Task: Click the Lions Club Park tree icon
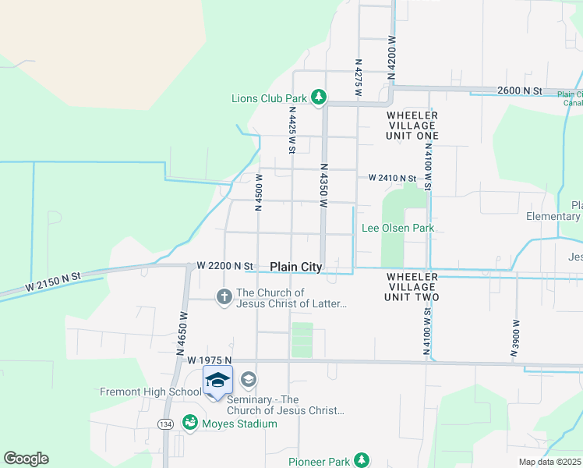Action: click(x=318, y=97)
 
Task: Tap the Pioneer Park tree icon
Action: click(x=361, y=460)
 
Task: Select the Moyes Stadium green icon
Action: click(x=189, y=423)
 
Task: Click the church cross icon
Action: click(x=224, y=296)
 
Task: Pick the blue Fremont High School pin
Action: click(x=217, y=381)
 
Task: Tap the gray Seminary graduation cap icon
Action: click(x=248, y=381)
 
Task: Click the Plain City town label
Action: click(x=296, y=267)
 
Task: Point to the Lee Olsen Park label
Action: click(x=397, y=229)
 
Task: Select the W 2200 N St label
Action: click(x=225, y=266)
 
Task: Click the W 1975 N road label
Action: click(x=210, y=360)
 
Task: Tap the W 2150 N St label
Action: click(x=53, y=282)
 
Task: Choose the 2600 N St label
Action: click(x=521, y=91)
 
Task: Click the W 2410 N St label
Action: click(x=393, y=178)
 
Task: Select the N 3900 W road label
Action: click(x=514, y=338)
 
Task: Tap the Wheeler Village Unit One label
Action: click(x=412, y=125)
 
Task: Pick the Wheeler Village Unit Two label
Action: click(x=412, y=286)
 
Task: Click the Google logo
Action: click(x=26, y=459)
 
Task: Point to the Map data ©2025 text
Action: click(x=549, y=462)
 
